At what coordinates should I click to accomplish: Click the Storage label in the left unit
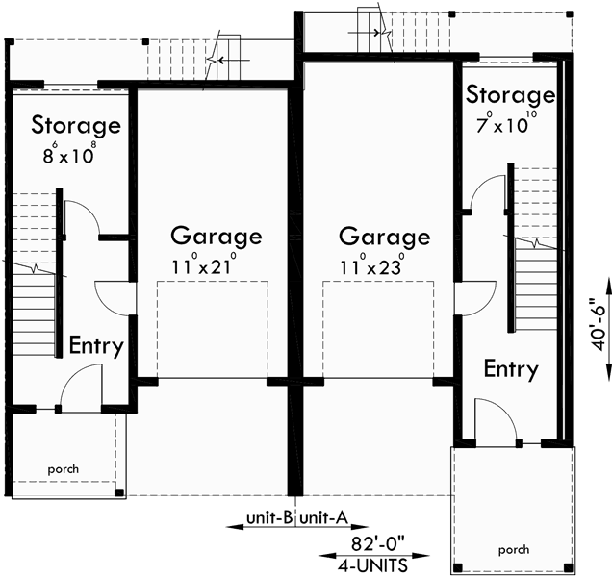coord(75,125)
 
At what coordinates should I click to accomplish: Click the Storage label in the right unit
coord(510,95)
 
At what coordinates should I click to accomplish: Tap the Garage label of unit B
coord(216,236)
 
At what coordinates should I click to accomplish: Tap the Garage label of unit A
coord(384,237)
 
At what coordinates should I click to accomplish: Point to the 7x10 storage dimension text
coord(507,123)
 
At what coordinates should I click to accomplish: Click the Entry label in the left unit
coord(94,346)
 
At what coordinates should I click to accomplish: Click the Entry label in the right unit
coord(510,368)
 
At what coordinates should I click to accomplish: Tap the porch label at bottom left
coord(64,470)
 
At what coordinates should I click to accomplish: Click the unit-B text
coord(269,518)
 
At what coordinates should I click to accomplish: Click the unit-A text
coord(323,518)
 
